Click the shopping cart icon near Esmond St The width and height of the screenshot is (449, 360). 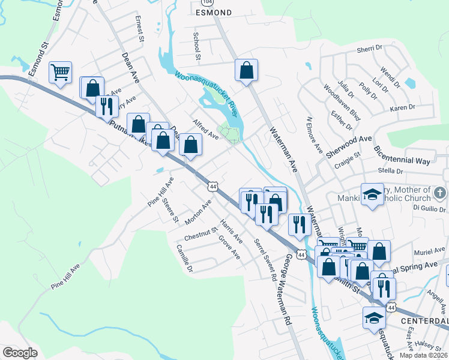[x=60, y=73]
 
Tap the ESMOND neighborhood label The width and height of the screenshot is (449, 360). [x=214, y=12]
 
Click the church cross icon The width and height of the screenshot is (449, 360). [x=440, y=193]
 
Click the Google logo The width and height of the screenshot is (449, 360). [x=20, y=353]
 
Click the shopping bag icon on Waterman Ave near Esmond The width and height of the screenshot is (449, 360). [x=246, y=70]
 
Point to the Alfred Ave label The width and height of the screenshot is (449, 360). [x=205, y=129]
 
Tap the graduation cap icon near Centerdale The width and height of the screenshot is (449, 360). [x=374, y=318]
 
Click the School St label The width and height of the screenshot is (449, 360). [x=196, y=46]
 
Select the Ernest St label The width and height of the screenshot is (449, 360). [x=140, y=29]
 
